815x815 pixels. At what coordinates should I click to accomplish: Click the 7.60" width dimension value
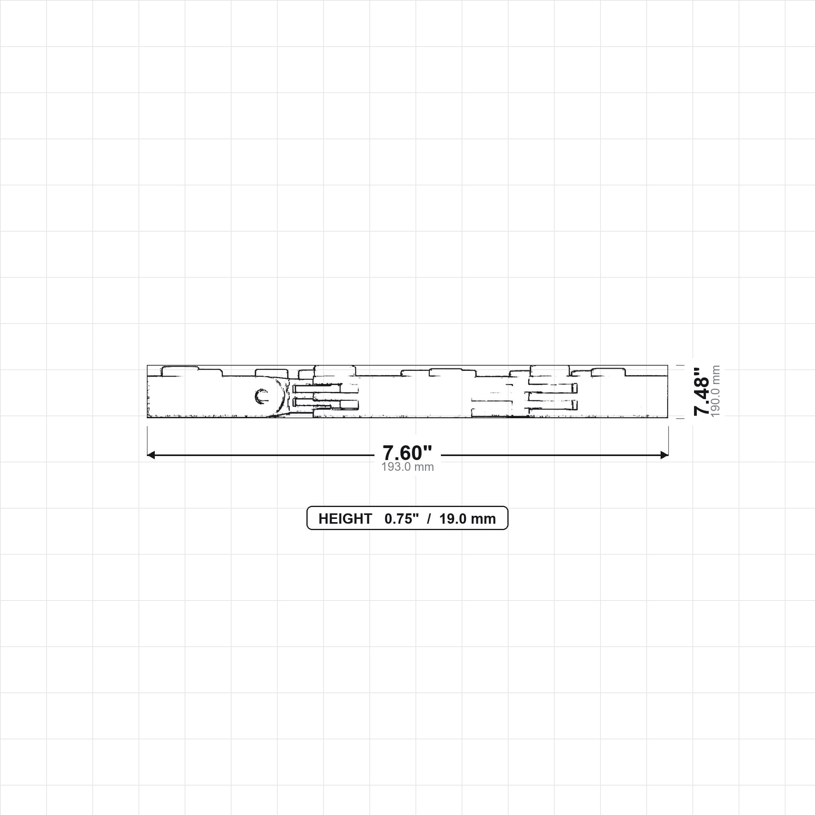pos(407,453)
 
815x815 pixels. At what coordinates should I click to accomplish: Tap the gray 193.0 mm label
pos(407,467)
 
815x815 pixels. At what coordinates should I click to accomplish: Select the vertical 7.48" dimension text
pos(702,392)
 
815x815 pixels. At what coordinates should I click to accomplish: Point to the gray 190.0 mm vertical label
pos(716,392)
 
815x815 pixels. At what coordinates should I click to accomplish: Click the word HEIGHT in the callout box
pos(345,519)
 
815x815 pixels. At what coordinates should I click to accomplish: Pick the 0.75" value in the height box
pos(402,519)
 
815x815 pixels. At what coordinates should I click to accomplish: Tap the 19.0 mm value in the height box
pos(468,519)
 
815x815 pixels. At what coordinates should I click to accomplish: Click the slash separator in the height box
pos(429,519)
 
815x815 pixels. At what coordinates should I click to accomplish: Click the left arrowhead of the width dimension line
pos(151,455)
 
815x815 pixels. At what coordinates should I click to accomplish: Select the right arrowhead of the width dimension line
pos(665,455)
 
